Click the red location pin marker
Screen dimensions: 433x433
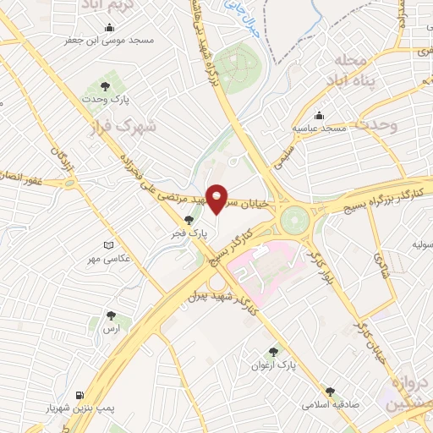coord(217,197)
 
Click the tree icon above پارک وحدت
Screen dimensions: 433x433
coord(106,86)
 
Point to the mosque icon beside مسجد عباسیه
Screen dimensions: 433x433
coord(320,116)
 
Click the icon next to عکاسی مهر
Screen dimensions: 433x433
coord(107,245)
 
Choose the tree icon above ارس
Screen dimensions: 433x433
coord(110,315)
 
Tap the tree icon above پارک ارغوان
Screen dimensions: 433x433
coord(273,351)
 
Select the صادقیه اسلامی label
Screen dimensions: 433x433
coord(329,405)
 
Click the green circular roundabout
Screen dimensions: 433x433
coord(296,221)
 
